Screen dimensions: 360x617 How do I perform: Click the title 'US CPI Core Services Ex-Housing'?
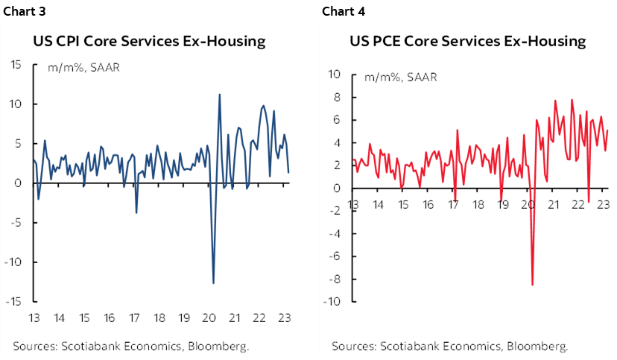click(x=149, y=41)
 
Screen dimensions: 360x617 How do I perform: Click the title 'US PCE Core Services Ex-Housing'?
click(x=468, y=40)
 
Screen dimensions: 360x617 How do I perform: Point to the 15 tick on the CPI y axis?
click(x=15, y=64)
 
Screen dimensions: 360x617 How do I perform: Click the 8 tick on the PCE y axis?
click(x=337, y=97)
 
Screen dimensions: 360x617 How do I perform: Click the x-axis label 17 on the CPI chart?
click(x=134, y=318)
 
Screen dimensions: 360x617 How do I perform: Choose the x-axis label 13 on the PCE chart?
click(x=352, y=204)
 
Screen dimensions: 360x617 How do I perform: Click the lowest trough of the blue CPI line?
click(x=213, y=283)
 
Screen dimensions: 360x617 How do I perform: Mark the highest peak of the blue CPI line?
click(x=219, y=94)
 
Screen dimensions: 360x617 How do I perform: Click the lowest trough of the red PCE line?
click(x=532, y=285)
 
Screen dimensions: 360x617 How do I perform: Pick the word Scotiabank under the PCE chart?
click(x=413, y=346)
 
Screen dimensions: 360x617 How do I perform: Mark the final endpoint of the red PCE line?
click(x=608, y=130)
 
